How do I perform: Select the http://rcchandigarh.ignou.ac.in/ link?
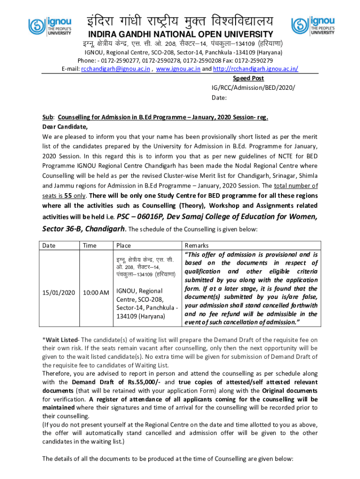point(256,69)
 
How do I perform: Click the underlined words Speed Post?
point(248,78)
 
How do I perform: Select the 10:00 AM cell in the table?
point(96,292)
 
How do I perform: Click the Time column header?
point(90,246)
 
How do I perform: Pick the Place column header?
point(124,246)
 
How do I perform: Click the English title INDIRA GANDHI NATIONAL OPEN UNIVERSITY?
point(180,34)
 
